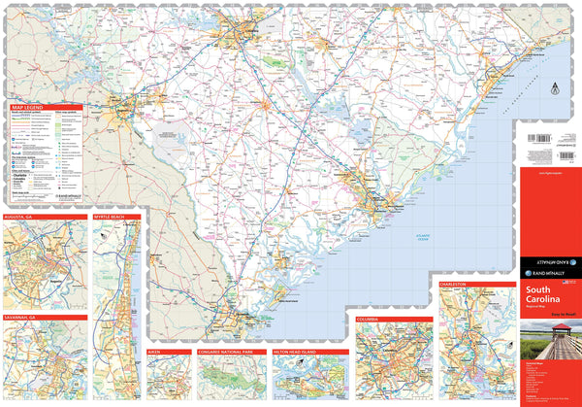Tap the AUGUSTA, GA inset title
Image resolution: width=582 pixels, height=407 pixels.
pos(23,217)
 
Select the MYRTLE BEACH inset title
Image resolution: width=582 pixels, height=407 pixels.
pos(110,217)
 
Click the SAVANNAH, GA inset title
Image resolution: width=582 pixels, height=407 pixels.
pos(25,318)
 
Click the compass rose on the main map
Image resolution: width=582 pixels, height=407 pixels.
pos(554,88)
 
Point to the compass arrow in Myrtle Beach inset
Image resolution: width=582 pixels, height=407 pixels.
pos(101,251)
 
